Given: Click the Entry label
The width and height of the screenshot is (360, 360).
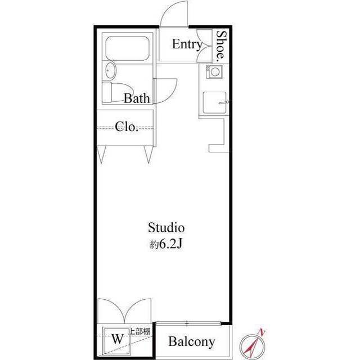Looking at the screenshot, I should click(187, 44).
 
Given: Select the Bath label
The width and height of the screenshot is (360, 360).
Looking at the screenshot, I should click(137, 99).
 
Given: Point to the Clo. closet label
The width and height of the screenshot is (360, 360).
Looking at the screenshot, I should click(127, 127).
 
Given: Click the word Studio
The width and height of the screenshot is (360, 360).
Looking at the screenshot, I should click(166, 228).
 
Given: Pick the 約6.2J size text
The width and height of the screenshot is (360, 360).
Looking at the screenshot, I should click(166, 245).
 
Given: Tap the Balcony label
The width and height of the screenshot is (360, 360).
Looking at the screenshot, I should click(192, 341).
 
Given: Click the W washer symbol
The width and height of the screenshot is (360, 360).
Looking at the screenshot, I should click(117, 339).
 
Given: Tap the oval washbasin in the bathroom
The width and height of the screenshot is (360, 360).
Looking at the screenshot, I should click(110, 71).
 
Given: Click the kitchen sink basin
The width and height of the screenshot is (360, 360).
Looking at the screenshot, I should click(214, 102).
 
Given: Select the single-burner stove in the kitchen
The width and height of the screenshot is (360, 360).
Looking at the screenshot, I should click(214, 72).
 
